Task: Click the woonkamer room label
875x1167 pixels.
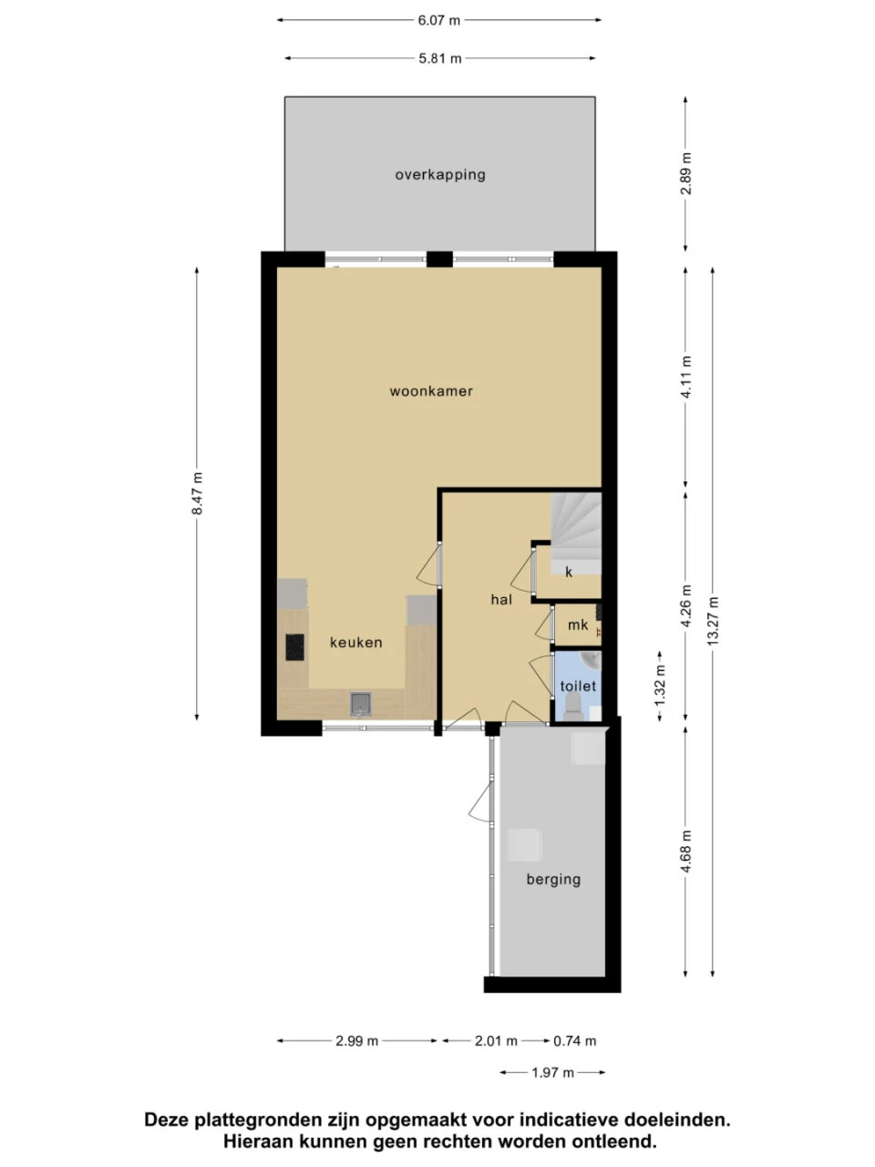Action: tap(431, 391)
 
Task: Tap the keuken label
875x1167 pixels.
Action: tap(356, 642)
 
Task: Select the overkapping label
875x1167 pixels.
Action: tap(440, 175)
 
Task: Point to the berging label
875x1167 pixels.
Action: tap(553, 880)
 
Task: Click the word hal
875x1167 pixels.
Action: tap(501, 600)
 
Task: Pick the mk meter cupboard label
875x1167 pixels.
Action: tap(578, 625)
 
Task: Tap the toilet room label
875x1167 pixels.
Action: tap(578, 686)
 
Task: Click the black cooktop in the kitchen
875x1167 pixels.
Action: tap(294, 647)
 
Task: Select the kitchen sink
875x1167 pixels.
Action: tap(361, 704)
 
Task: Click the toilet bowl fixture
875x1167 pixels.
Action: tap(572, 708)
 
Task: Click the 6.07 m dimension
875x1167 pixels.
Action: tap(438, 20)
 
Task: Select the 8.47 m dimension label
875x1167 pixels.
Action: tap(197, 493)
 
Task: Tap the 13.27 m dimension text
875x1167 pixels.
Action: tap(713, 621)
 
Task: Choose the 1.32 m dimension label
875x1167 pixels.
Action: tap(660, 686)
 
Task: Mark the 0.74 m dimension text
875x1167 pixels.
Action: tap(575, 1040)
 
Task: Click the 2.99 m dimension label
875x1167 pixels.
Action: tap(356, 1040)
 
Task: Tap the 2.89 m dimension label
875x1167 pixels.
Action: tap(685, 173)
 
